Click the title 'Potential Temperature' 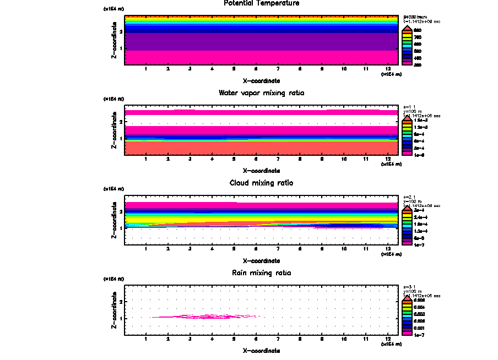(262, 3)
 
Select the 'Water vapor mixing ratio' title (262, 93)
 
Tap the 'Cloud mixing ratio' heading (262, 183)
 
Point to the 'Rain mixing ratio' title (262, 273)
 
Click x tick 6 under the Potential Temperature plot (256, 69)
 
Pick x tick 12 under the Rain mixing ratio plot (388, 339)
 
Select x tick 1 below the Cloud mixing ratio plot (145, 249)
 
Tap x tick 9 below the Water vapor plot (322, 159)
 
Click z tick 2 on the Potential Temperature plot (121, 32)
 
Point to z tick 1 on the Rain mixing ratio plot (121, 318)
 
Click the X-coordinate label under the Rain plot (262, 351)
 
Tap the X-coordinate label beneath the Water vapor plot (262, 171)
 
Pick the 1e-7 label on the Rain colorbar (419, 334)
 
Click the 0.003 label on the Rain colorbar (419, 314)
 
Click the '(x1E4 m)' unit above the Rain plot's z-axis (113, 279)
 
